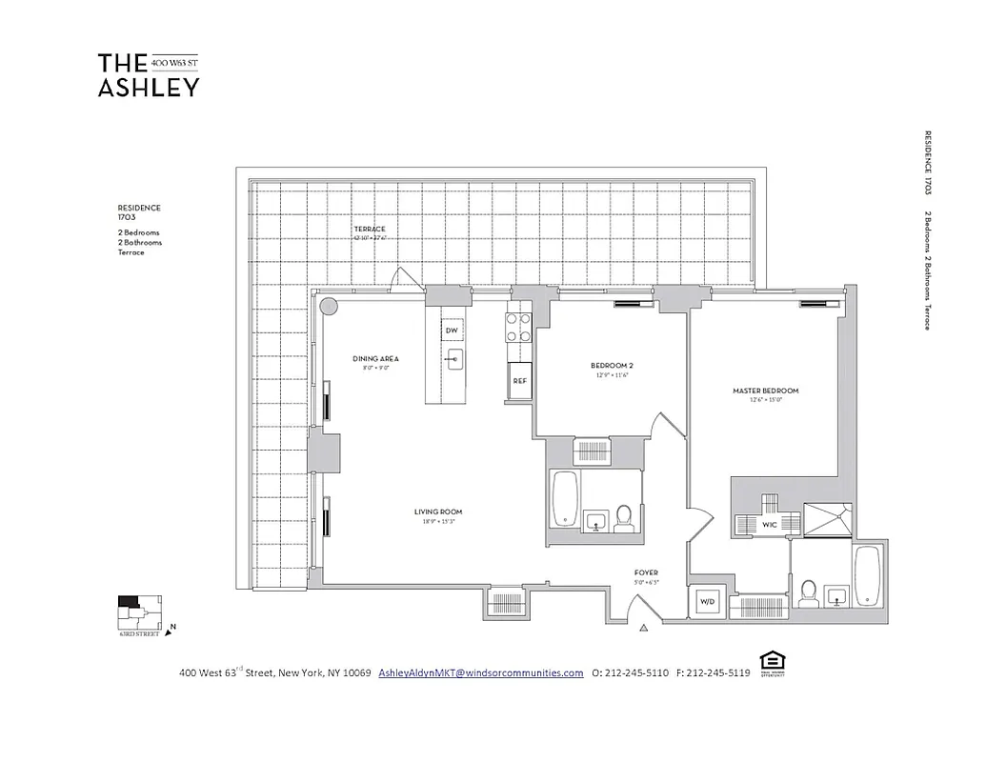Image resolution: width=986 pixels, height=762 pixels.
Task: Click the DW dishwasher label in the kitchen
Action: [x=453, y=331]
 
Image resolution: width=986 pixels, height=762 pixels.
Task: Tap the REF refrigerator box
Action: [x=520, y=380]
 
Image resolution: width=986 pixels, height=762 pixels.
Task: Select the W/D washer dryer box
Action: [x=707, y=602]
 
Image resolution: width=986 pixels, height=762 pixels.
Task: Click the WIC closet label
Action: [x=767, y=524]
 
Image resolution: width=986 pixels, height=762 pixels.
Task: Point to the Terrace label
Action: [x=370, y=230]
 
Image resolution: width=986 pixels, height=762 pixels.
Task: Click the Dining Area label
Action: [x=375, y=359]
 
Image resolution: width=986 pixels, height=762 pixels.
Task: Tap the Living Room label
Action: [x=438, y=512]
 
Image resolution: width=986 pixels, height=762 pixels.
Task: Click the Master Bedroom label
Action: [x=765, y=391]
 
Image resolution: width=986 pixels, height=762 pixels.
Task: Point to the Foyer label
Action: [x=646, y=572]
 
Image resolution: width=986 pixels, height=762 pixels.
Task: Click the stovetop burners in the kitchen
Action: [x=518, y=328]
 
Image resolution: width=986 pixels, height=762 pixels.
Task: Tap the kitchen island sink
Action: [x=454, y=360]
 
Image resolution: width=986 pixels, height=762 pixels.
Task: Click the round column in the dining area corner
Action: [x=328, y=307]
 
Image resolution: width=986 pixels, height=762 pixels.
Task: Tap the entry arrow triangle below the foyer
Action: [x=644, y=628]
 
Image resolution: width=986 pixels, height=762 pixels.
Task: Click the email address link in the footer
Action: [x=480, y=672]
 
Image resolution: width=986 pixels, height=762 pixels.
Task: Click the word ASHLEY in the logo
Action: [x=149, y=87]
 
